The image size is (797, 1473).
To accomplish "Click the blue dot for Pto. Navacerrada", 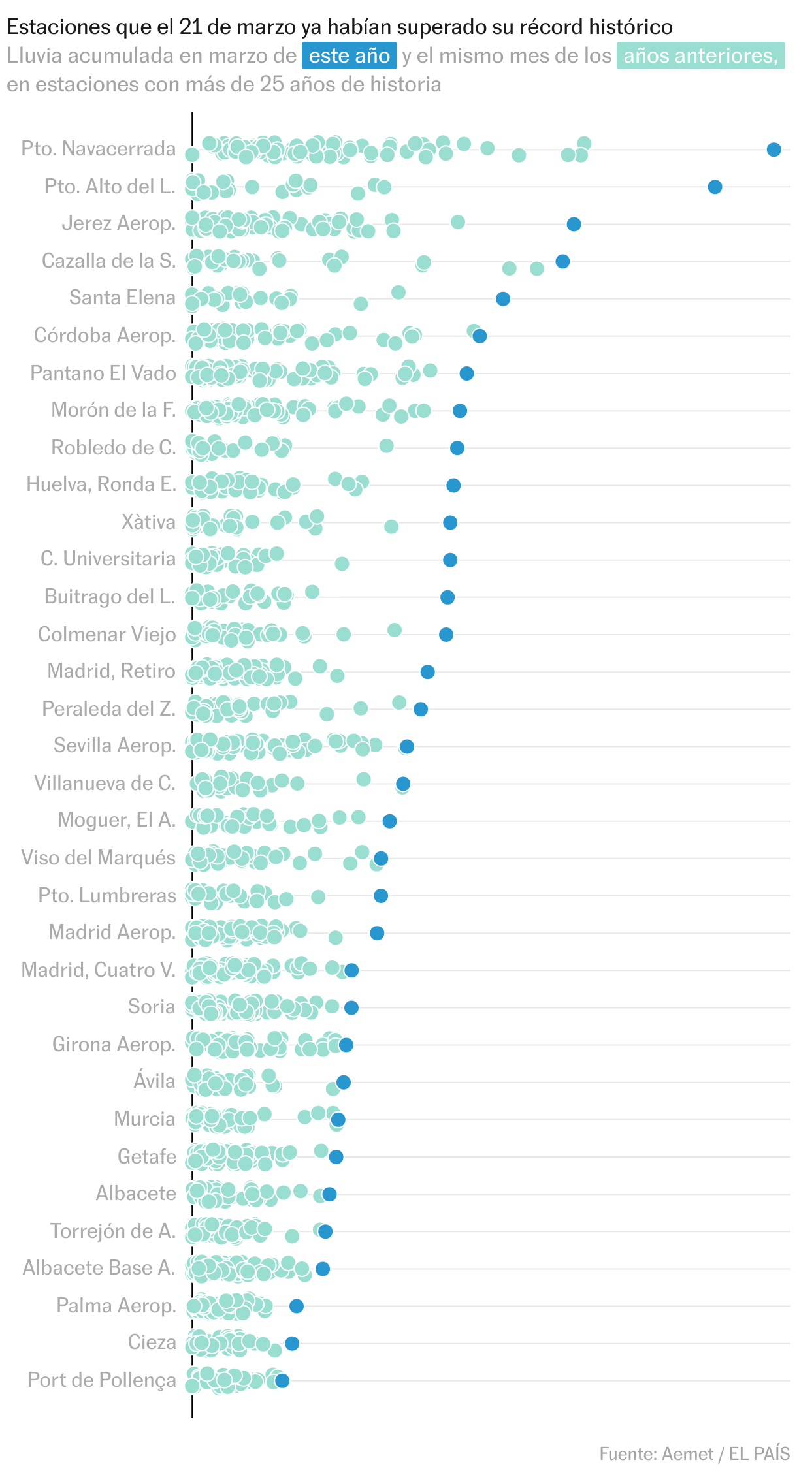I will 773,150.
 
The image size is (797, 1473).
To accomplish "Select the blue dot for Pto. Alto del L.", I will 715,187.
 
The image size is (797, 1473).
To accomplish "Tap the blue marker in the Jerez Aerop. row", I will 574,225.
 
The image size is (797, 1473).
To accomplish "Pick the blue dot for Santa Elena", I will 502,299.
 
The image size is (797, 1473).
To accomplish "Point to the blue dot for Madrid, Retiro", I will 427,672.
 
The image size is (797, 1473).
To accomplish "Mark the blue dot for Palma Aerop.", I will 296,1306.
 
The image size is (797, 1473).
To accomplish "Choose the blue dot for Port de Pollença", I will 282,1380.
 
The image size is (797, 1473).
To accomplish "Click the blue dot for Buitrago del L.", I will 447,597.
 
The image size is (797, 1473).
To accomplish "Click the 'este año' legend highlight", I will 349,56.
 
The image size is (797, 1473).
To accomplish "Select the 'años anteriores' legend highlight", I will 700,56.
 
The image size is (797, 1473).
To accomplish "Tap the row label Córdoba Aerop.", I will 105,336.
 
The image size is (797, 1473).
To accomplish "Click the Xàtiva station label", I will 148,522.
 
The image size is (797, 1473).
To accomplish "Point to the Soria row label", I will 152,1007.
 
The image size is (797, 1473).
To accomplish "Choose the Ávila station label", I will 154,1081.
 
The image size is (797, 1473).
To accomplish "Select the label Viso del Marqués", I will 99,858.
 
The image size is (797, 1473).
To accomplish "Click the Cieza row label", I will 152,1342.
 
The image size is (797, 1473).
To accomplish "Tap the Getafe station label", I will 147,1156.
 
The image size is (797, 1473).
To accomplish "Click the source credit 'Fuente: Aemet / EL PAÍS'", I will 694,1454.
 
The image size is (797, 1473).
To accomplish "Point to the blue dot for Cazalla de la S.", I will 562,262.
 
